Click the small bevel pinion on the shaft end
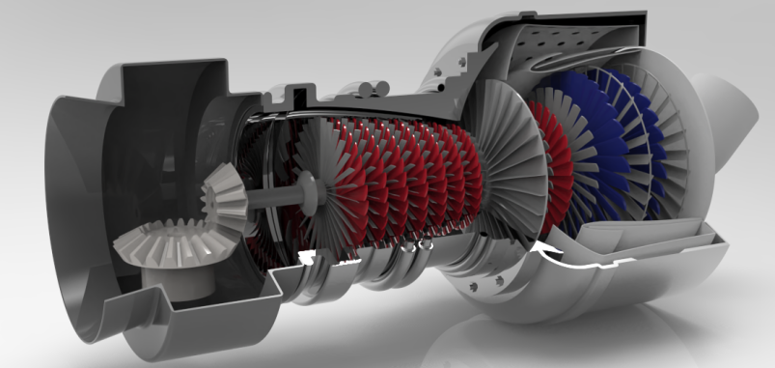tap(225, 194)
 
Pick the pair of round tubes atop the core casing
tap(368, 88)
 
